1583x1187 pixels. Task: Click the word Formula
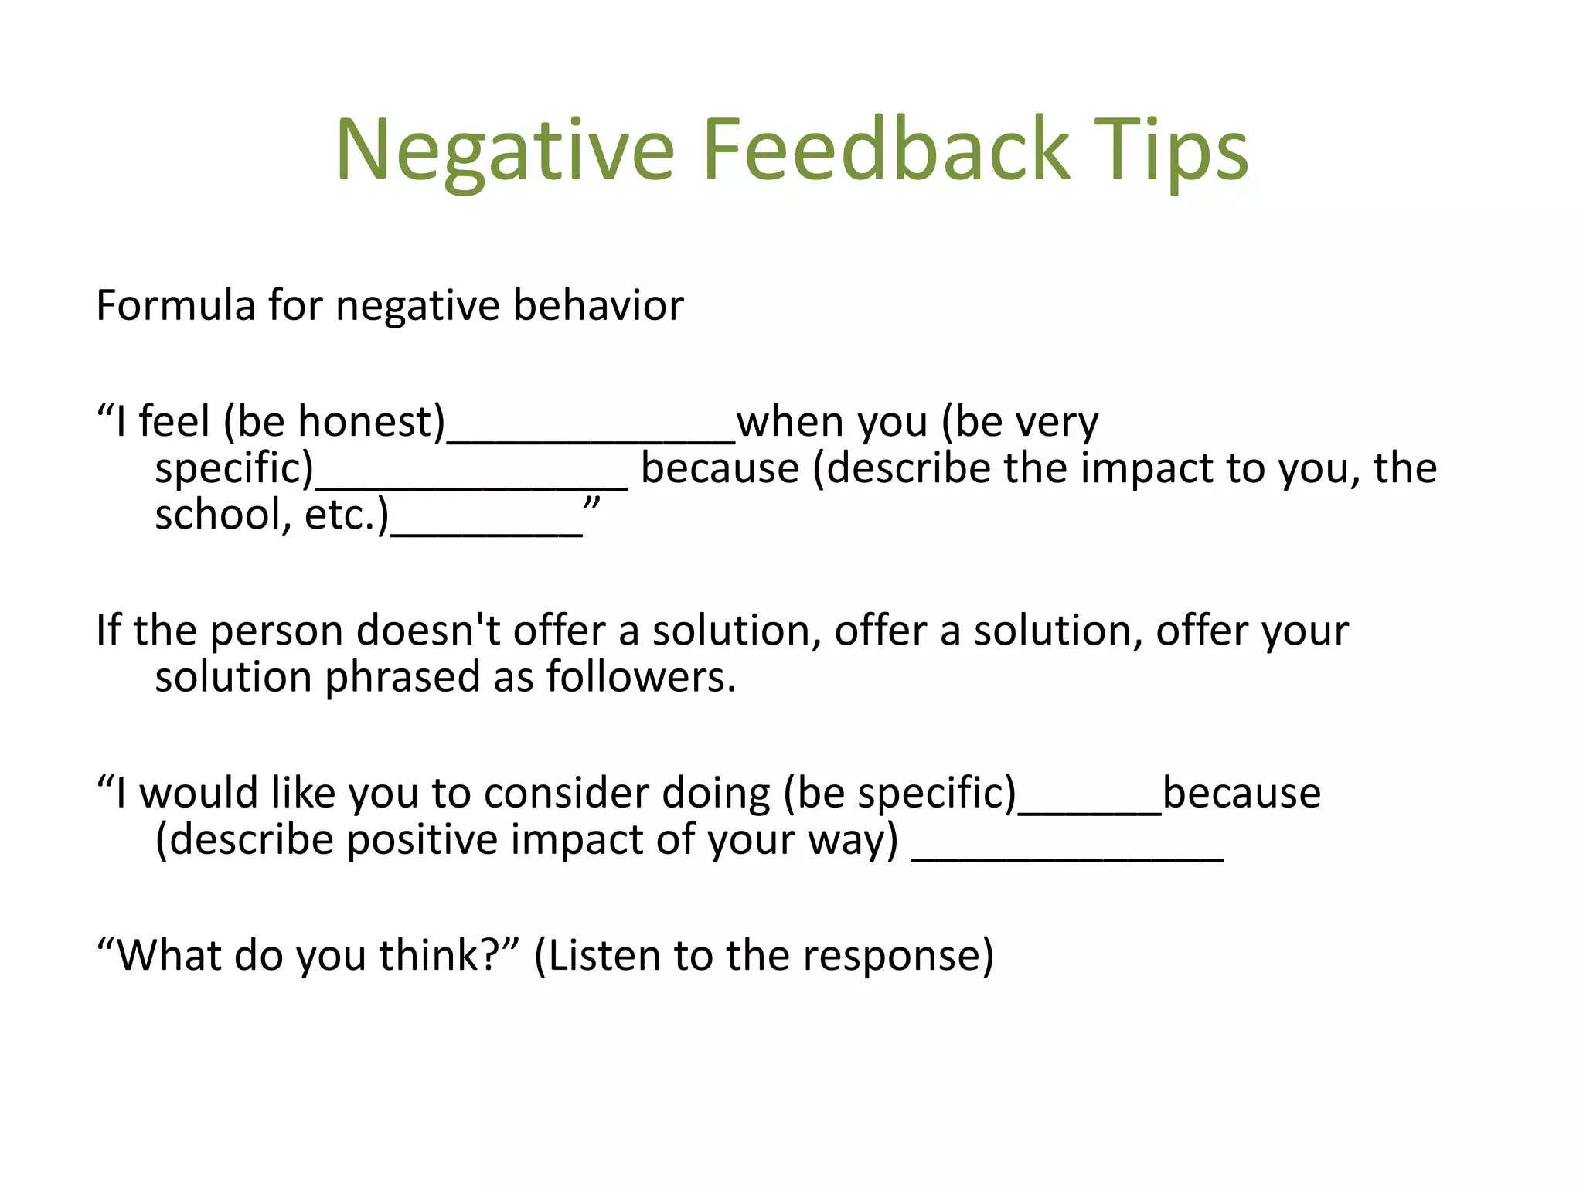click(175, 305)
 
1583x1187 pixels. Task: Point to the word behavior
click(598, 305)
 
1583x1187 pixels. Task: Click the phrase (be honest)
click(334, 423)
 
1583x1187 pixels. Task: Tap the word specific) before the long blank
click(234, 469)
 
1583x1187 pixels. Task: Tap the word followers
click(641, 678)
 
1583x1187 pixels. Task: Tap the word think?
click(442, 956)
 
